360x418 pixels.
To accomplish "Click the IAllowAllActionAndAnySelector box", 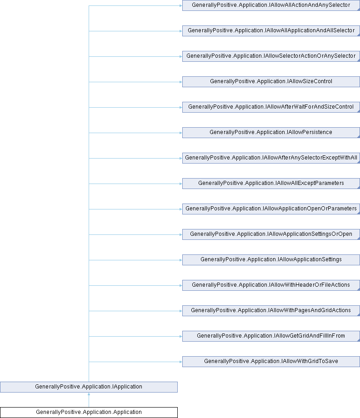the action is tap(271, 5).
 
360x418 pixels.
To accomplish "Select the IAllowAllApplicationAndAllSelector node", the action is tap(271, 31).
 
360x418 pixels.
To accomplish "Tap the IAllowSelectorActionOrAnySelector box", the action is tap(271, 56).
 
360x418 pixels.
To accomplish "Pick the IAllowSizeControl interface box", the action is tap(271, 82).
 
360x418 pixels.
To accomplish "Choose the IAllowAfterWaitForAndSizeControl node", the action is tap(271, 107).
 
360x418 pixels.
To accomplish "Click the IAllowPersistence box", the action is tap(271, 133).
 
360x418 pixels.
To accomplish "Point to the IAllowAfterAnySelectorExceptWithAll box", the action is tap(271, 158).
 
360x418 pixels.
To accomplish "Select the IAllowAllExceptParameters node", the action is tap(271, 184).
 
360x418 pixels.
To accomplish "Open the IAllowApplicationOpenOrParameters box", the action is tap(271, 209).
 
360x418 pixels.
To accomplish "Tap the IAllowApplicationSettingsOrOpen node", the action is tap(271, 234).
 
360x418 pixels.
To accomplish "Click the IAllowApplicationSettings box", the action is tap(271, 260).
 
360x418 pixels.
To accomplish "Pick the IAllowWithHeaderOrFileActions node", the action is tap(271, 285).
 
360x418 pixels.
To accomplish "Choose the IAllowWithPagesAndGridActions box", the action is tap(271, 311).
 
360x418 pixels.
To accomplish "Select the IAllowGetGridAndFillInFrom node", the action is tap(271, 336).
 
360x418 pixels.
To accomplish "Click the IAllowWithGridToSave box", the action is tap(271, 362).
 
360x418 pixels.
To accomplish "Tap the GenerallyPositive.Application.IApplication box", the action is tap(89, 387).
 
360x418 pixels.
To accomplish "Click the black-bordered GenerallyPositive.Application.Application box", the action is tap(89, 413).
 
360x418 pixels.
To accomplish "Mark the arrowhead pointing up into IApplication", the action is tap(89, 394).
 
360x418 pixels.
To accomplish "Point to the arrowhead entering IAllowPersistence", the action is tap(181, 133).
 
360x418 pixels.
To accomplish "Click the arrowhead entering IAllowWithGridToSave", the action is tap(181, 362).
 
